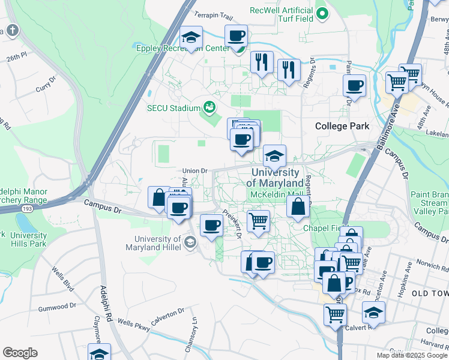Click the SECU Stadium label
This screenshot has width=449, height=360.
(173, 108)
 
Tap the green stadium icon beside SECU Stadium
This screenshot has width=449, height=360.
(209, 108)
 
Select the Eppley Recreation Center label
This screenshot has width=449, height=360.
(182, 49)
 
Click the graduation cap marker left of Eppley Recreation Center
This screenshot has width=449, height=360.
(191, 38)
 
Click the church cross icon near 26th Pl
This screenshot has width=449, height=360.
(12, 31)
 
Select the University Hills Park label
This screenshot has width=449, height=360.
(28, 240)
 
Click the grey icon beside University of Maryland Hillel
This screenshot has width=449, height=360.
(190, 242)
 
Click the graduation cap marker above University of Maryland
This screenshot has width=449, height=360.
(274, 157)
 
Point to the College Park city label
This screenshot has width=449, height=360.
(343, 126)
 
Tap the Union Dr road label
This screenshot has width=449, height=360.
(194, 171)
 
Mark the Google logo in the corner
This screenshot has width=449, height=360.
(20, 353)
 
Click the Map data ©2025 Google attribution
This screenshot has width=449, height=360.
(411, 355)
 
